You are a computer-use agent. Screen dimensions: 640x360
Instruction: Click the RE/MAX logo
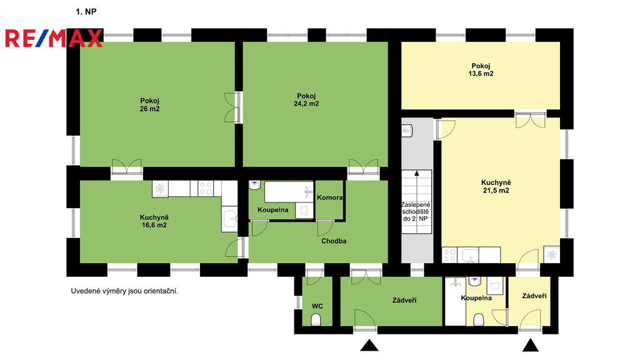pyautogui.click(x=54, y=38)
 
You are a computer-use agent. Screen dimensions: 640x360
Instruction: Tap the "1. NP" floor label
pyautogui.click(x=86, y=12)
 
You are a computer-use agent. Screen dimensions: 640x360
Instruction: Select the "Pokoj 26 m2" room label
pyautogui.click(x=150, y=105)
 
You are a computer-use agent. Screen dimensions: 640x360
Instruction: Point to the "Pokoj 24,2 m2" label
pyautogui.click(x=306, y=100)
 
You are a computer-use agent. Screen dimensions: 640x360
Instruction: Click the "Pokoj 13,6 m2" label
pyautogui.click(x=481, y=70)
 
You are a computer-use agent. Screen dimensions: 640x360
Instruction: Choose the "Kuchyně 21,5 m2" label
pyautogui.click(x=496, y=186)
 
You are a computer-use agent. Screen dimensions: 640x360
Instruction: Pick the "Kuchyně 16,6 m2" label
pyautogui.click(x=154, y=221)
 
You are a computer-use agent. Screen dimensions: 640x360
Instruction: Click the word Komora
pyautogui.click(x=330, y=197)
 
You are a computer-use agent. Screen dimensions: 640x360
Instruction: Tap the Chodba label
pyautogui.click(x=334, y=241)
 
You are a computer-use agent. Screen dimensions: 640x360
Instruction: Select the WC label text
pyautogui.click(x=317, y=306)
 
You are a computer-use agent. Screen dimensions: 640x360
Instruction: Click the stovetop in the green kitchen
pyautogui.click(x=206, y=189)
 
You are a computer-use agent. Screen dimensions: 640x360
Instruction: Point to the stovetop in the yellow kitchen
pyautogui.click(x=449, y=255)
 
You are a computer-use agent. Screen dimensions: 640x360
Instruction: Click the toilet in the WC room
pyautogui.click(x=316, y=319)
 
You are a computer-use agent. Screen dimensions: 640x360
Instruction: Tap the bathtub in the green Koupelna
pyautogui.click(x=289, y=192)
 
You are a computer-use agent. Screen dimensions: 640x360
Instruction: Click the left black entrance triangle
pyautogui.click(x=369, y=346)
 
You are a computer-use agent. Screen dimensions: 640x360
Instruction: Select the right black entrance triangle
pyautogui.click(x=531, y=345)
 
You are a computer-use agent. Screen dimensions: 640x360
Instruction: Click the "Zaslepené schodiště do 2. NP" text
pyautogui.click(x=416, y=212)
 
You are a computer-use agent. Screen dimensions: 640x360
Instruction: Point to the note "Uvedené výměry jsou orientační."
pyautogui.click(x=124, y=291)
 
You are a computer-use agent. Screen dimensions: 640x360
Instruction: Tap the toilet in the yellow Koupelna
pyautogui.click(x=479, y=319)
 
